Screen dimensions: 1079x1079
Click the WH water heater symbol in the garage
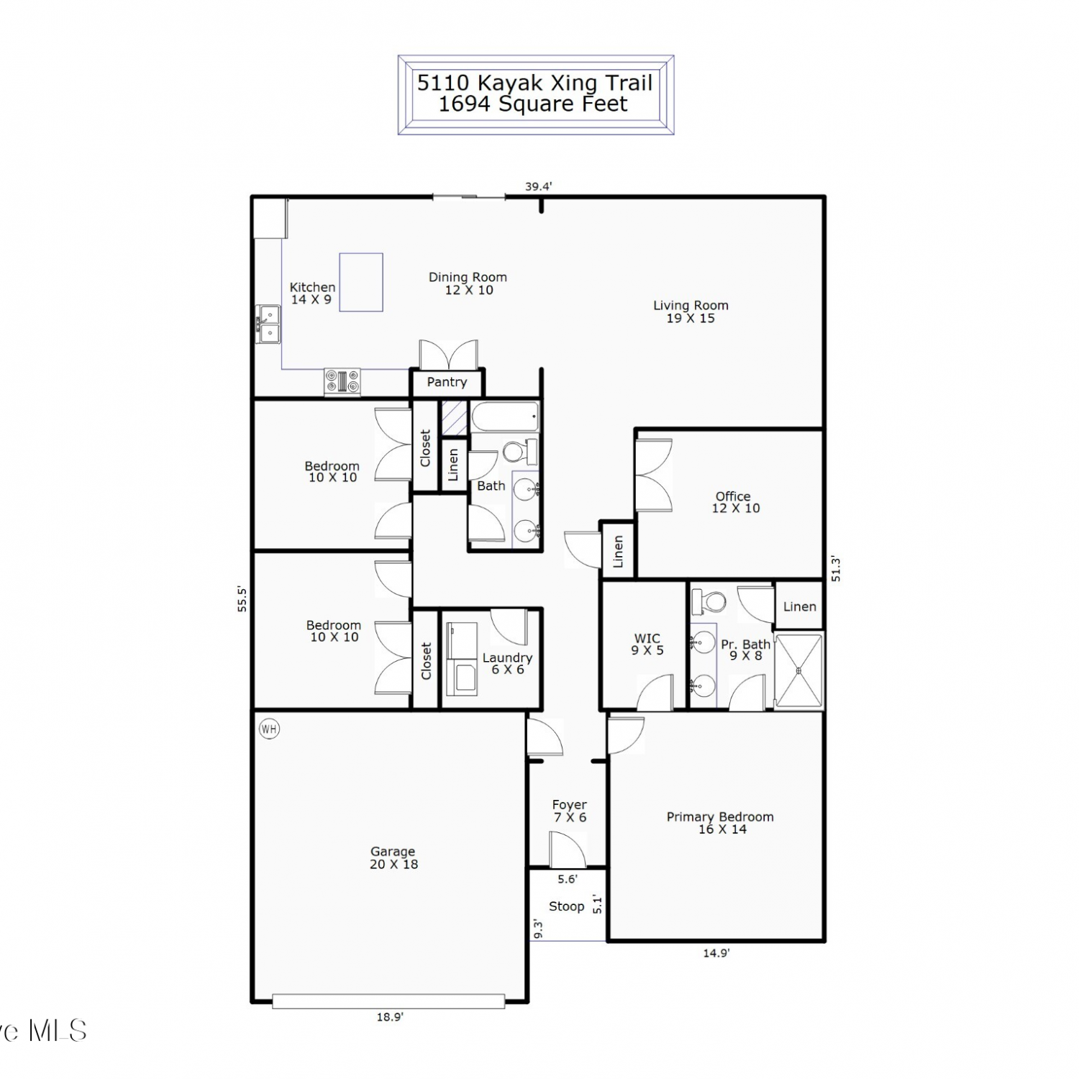click(x=269, y=729)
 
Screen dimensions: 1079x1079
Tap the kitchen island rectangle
click(x=361, y=282)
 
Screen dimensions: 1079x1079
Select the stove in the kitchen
click(x=342, y=381)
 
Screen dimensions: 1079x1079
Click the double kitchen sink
click(x=269, y=324)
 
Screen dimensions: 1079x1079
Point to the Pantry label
click(x=447, y=382)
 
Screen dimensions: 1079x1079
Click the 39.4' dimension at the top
click(x=538, y=186)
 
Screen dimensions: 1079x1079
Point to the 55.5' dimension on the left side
click(x=242, y=599)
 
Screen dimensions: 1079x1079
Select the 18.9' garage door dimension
click(x=389, y=1016)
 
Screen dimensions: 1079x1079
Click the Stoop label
click(x=566, y=906)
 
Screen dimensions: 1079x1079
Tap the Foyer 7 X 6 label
click(x=570, y=811)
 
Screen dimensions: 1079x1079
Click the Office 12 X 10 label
click(x=734, y=502)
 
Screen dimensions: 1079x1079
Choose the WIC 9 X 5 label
click(x=647, y=644)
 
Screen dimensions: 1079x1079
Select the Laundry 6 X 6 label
click(x=508, y=663)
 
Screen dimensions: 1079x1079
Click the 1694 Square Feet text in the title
click(x=533, y=104)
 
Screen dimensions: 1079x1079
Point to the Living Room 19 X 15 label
click(x=691, y=311)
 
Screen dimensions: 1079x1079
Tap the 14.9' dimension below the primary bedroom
click(x=716, y=953)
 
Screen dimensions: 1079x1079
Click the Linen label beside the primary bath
click(x=800, y=606)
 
